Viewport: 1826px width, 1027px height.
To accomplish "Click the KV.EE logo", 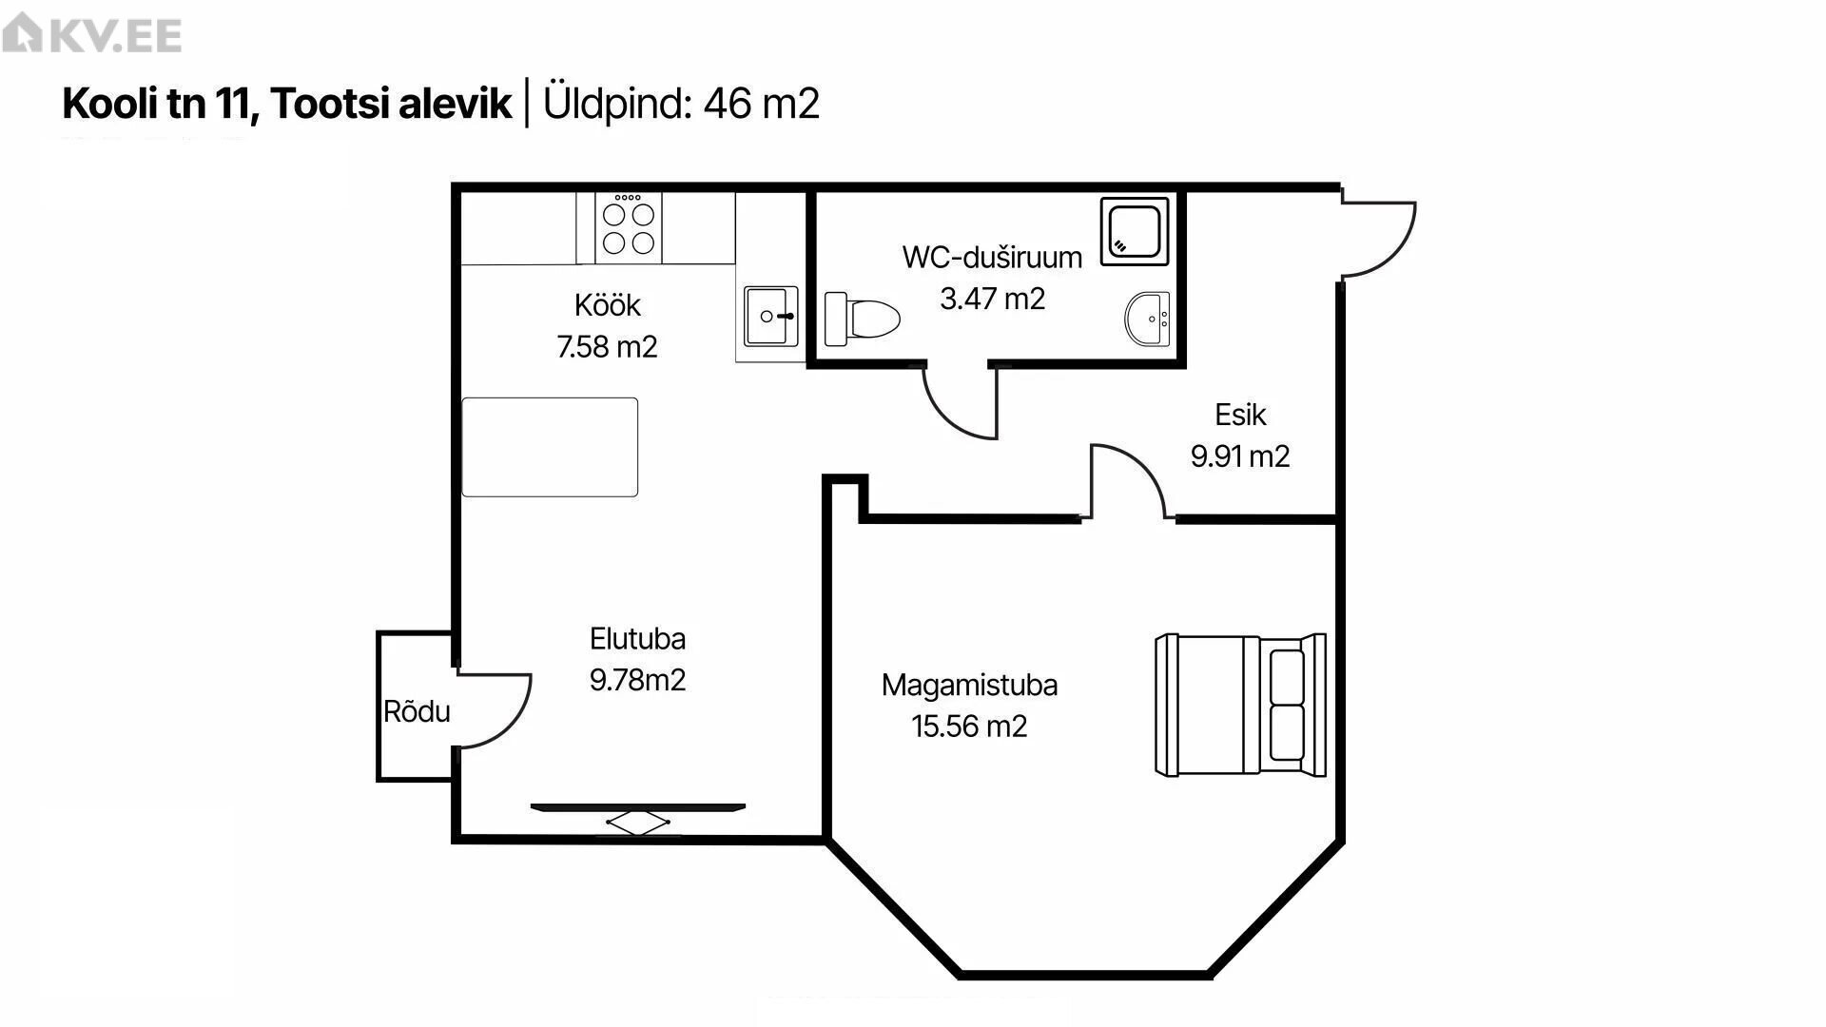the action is pos(91,35).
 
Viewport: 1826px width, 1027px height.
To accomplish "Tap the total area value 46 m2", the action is pos(761,103).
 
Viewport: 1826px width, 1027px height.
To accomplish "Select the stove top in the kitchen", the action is pos(629,227).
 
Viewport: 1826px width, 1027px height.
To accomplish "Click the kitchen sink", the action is pos(770,316).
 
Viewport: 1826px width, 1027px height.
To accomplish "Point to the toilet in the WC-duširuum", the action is pos(862,319).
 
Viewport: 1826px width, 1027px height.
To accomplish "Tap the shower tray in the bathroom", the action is pos(1135,231).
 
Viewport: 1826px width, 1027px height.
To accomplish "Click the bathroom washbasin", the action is pos(1148,319).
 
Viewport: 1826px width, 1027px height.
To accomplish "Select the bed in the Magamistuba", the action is pos(1240,705).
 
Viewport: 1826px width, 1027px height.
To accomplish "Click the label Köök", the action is pos(608,305).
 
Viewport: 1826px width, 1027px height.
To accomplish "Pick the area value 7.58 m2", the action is pos(607,346).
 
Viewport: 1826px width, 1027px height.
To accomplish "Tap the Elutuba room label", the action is pos(637,638).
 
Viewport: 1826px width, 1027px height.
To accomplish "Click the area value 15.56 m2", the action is pos(969,727).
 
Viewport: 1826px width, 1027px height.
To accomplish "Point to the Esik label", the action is pos(1240,415).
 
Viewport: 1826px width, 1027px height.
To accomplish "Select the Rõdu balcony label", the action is pos(417,711).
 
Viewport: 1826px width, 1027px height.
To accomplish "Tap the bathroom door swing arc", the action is pos(945,417).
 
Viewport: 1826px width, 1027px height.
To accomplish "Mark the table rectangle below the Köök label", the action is pos(550,447).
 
